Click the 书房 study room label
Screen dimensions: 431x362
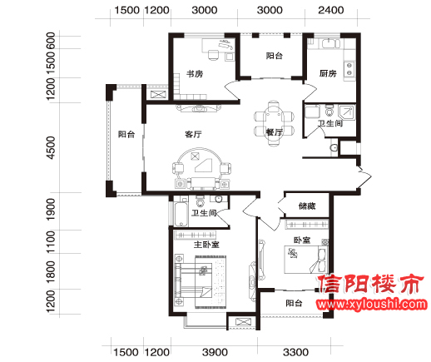tap(195, 74)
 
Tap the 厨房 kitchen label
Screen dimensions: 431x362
tap(328, 73)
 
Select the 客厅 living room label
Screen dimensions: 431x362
tap(193, 134)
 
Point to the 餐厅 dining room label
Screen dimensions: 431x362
tap(275, 132)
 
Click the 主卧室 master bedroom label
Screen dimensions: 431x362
tap(206, 245)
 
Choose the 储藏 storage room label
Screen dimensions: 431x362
tap(307, 206)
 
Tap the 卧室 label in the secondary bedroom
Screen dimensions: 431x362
tap(302, 240)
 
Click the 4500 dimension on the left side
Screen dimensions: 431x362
tap(51, 147)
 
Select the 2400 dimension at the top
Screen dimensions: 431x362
tap(331, 10)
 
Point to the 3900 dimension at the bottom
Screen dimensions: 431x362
tap(215, 352)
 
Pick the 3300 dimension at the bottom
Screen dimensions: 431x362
tap(295, 352)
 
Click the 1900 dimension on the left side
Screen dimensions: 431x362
tap(51, 210)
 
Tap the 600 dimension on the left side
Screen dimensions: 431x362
tap(51, 41)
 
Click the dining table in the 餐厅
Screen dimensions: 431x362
tap(274, 123)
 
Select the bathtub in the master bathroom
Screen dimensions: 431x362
tap(181, 214)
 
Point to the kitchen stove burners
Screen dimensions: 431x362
tap(349, 69)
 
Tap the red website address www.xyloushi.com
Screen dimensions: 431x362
tap(372, 305)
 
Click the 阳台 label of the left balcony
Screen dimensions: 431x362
tap(126, 134)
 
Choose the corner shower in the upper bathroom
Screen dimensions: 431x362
tap(347, 112)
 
